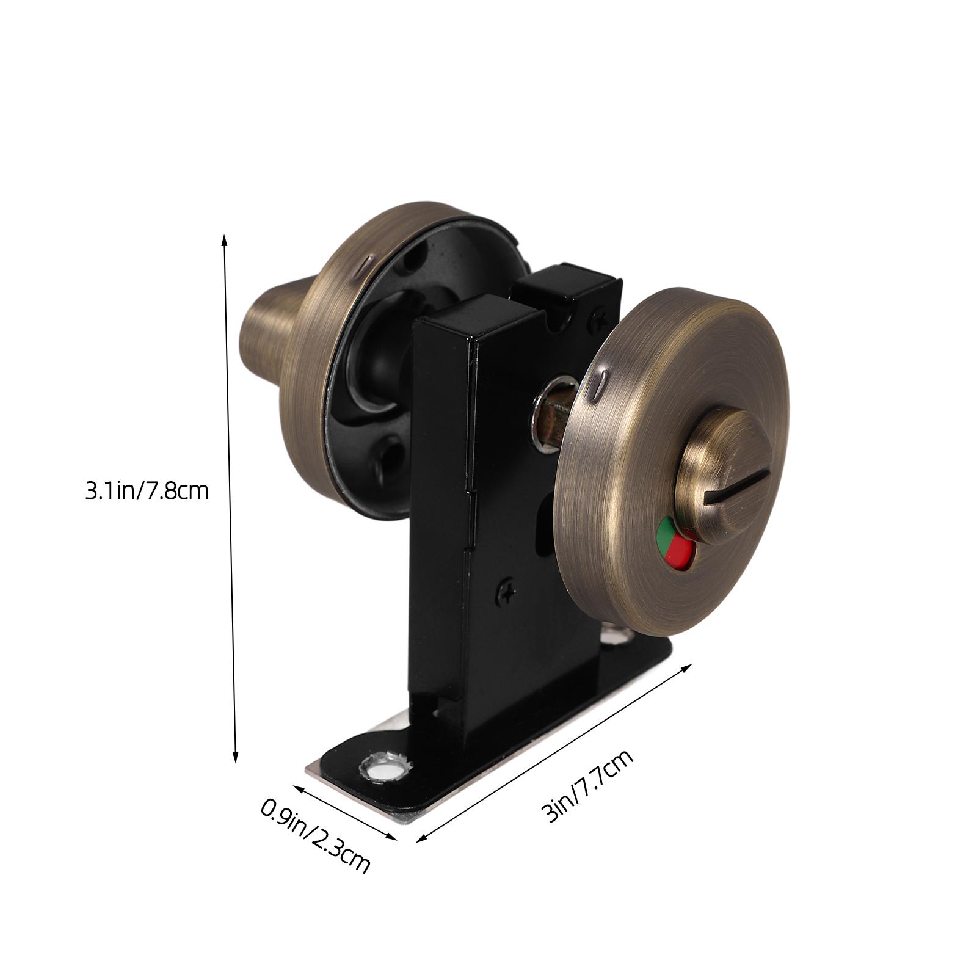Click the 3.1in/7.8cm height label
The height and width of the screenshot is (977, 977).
(x=147, y=491)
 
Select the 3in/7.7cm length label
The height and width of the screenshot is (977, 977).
(x=587, y=788)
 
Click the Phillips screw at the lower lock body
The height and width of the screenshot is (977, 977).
(x=506, y=591)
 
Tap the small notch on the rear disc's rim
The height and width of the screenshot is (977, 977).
(x=365, y=264)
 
